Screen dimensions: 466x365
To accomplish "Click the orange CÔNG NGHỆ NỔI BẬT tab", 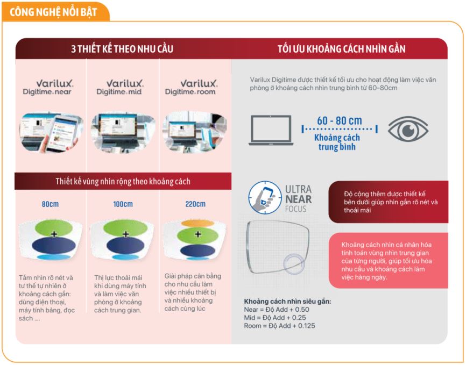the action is (x=55, y=12).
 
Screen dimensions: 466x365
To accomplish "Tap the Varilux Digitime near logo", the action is (x=47, y=87).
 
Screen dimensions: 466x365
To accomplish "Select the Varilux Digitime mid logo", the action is (x=119, y=87).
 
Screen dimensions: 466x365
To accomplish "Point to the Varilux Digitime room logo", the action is (x=191, y=87).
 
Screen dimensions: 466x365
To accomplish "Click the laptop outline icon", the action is (x=271, y=130).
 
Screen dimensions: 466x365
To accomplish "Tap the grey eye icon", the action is (x=408, y=129).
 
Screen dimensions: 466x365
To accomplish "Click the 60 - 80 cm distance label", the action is (x=340, y=121).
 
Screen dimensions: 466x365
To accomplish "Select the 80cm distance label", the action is (x=50, y=204).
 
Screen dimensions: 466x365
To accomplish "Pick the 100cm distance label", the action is (x=123, y=204).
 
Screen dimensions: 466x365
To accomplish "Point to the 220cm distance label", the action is (x=195, y=204).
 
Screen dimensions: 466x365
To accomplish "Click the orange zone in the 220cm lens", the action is (x=197, y=223).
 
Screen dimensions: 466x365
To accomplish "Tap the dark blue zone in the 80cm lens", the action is (x=54, y=245).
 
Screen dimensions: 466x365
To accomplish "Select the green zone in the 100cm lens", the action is (x=125, y=228).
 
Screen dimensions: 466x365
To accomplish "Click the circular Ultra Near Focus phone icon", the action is (x=265, y=197).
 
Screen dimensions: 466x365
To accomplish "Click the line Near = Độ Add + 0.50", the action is (x=277, y=310).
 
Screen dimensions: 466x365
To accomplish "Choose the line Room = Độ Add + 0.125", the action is (x=279, y=326).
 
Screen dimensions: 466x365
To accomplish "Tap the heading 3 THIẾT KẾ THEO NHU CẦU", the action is (x=122, y=49).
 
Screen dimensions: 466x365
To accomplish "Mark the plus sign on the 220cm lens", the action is (x=198, y=234).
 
